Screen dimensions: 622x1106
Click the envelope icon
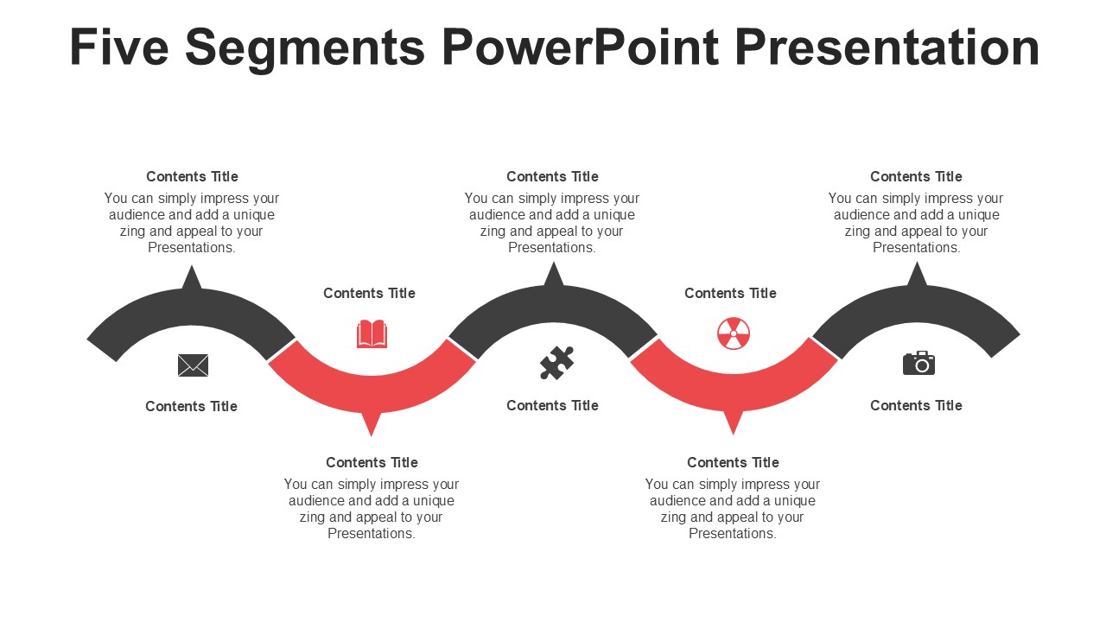pos(193,365)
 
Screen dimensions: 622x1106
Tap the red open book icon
pos(372,333)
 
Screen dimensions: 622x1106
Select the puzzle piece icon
pos(556,363)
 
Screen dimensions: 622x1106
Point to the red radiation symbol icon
pos(734,333)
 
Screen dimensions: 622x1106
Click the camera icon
pos(918,363)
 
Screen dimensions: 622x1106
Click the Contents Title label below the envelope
pos(191,406)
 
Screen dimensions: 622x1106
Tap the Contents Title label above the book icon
pos(369,293)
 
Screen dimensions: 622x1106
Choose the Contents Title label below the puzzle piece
pos(552,405)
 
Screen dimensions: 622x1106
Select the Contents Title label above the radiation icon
pos(730,293)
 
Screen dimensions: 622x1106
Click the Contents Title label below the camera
pos(916,405)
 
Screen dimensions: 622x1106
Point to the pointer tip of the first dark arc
pos(192,276)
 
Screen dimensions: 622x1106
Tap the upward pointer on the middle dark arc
pos(554,274)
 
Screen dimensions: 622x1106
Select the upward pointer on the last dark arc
pos(917,274)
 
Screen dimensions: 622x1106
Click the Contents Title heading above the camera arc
pos(916,176)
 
